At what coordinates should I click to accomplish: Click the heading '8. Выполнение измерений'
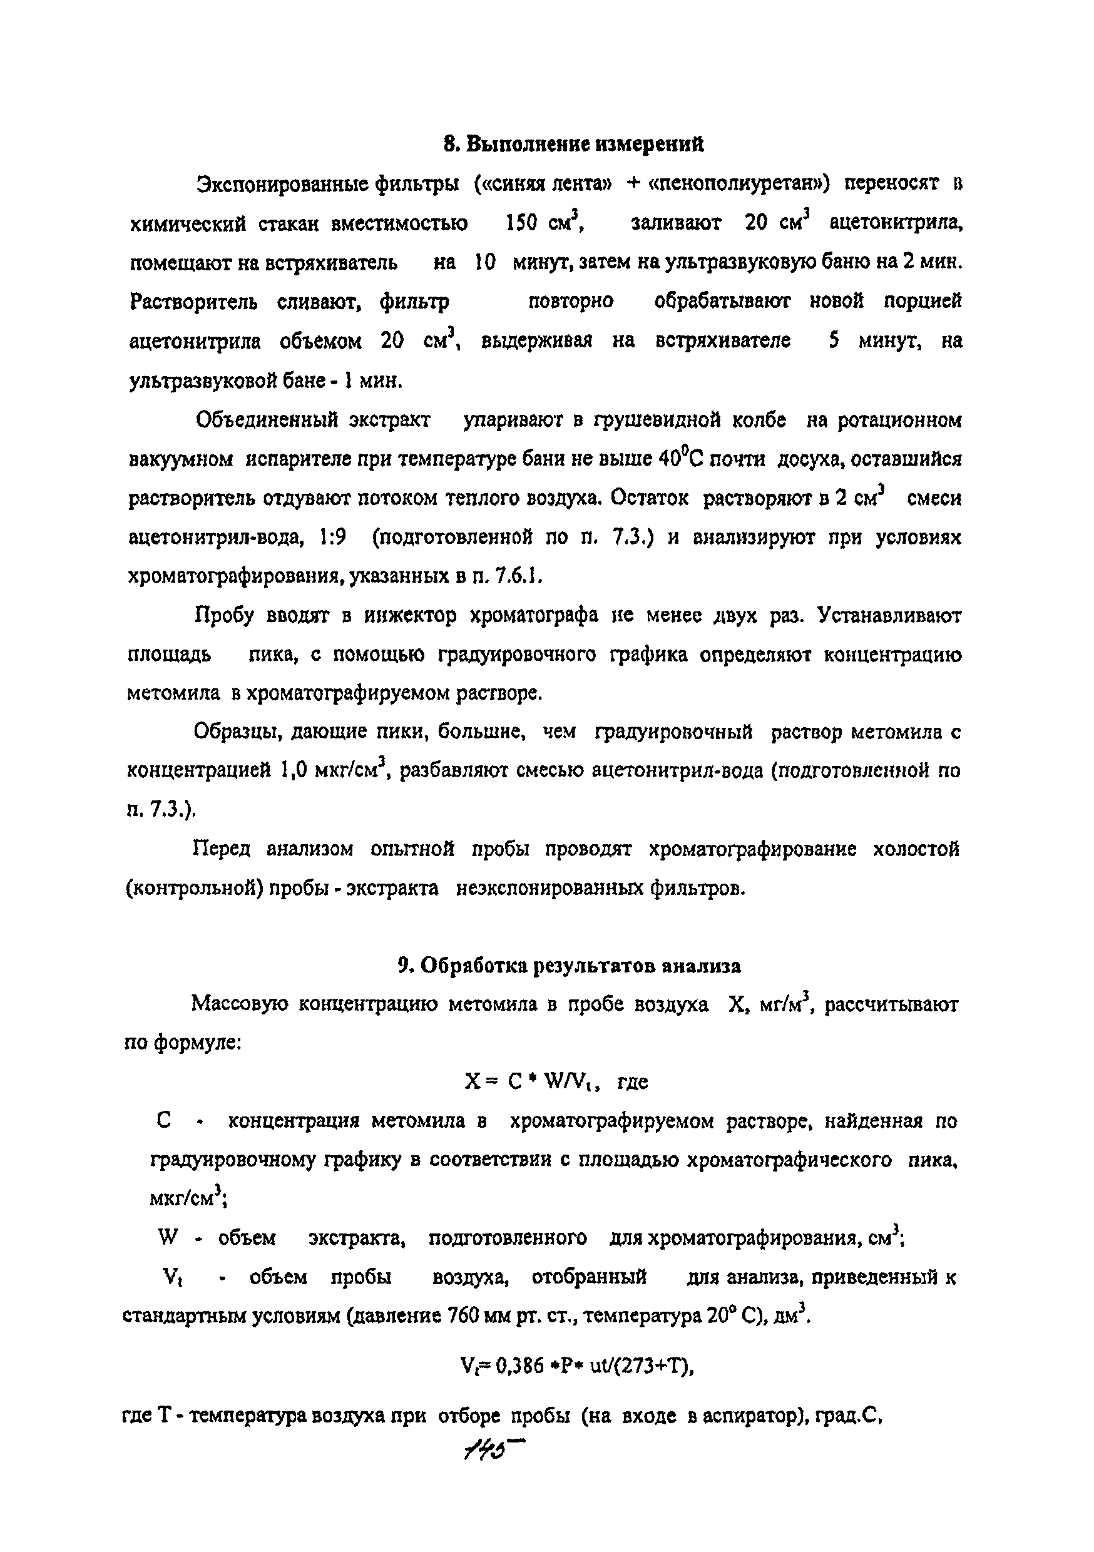tap(573, 144)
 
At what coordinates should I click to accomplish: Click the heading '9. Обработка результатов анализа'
tap(570, 966)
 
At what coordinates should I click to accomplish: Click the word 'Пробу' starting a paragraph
tap(224, 615)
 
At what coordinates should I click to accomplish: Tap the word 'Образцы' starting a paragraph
tap(232, 732)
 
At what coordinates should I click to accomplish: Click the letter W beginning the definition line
tap(168, 1238)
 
